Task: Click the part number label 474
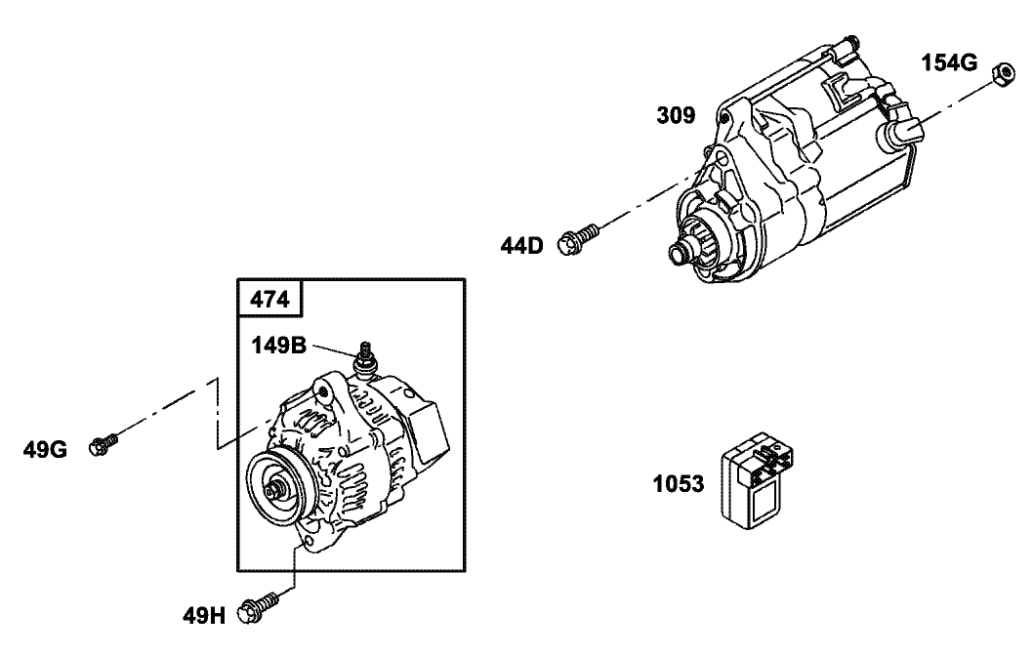tap(270, 300)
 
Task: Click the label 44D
tap(522, 244)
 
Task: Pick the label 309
tap(676, 116)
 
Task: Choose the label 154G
tap(949, 63)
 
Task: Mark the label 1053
tap(679, 484)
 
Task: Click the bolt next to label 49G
tap(103, 444)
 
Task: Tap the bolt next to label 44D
tap(578, 237)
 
